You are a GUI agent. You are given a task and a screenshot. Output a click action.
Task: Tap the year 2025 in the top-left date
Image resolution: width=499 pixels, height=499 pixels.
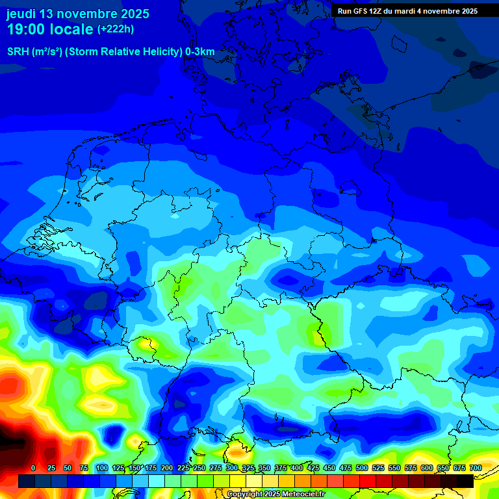click(134, 14)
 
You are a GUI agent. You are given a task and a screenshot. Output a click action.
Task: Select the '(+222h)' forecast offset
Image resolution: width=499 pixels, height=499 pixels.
click(116, 29)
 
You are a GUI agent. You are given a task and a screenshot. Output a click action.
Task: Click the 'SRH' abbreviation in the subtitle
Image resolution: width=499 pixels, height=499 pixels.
click(18, 52)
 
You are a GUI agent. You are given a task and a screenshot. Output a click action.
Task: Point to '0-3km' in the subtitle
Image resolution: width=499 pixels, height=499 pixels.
click(200, 52)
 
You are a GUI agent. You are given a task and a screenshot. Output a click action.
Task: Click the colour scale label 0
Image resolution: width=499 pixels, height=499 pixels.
click(33, 468)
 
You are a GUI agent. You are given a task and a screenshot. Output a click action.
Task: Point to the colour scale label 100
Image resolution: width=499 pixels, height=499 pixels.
click(102, 468)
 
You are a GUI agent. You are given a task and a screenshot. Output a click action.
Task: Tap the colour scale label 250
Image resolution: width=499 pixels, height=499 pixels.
click(199, 468)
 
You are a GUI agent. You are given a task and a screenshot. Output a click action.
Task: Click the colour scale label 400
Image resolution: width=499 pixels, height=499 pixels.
click(297, 468)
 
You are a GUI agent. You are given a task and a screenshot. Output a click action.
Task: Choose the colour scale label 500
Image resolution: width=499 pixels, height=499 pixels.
click(362, 468)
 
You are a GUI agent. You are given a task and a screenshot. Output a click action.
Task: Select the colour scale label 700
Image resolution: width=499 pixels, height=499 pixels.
click(476, 468)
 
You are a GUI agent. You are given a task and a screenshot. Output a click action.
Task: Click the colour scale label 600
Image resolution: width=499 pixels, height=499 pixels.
click(427, 468)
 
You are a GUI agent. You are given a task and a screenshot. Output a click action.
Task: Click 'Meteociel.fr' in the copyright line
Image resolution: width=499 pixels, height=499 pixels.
click(303, 494)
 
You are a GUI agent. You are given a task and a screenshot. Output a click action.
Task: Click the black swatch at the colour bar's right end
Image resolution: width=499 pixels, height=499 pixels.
click(465, 481)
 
